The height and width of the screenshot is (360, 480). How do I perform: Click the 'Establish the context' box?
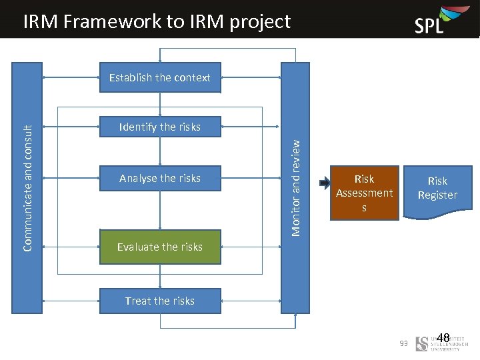click(x=160, y=77)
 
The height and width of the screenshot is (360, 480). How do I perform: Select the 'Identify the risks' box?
click(x=160, y=127)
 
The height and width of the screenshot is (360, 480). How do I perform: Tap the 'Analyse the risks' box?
click(x=160, y=178)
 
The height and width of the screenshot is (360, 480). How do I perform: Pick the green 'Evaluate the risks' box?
click(x=160, y=247)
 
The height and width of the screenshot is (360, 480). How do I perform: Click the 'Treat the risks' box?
click(x=160, y=301)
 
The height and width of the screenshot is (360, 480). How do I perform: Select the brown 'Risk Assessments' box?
click(x=364, y=193)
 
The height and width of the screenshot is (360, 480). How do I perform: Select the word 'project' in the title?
click(x=260, y=21)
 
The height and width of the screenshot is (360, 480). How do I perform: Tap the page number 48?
click(x=443, y=338)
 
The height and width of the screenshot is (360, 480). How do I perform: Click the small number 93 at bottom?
click(x=403, y=343)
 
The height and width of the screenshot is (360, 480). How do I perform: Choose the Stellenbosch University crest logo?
click(x=421, y=344)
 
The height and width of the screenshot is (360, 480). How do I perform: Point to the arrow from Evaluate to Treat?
click(x=160, y=276)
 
